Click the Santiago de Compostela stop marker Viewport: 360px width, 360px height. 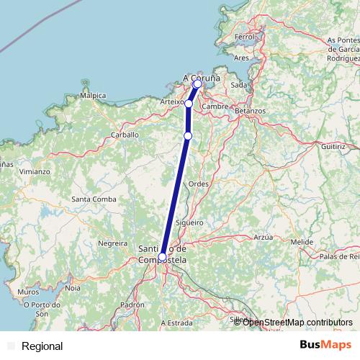(163, 256)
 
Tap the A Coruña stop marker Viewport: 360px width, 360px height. (197, 84)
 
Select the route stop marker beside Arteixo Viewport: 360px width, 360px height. (188, 104)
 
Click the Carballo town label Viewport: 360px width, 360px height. (125, 135)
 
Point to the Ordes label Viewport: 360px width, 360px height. (198, 184)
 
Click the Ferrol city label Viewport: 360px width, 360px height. (245, 36)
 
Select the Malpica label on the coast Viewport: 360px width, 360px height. (93, 95)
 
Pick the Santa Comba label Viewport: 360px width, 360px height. (90, 199)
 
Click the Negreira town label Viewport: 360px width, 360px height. (112, 243)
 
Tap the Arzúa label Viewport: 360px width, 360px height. (264, 236)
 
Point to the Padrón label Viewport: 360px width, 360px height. (132, 305)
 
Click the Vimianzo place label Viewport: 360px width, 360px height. (35, 172)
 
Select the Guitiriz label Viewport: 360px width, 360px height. (334, 145)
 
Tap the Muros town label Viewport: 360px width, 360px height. (28, 292)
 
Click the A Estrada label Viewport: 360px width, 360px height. (178, 323)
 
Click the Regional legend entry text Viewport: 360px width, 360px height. (42, 346)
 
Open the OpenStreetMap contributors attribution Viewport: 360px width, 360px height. (297, 322)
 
